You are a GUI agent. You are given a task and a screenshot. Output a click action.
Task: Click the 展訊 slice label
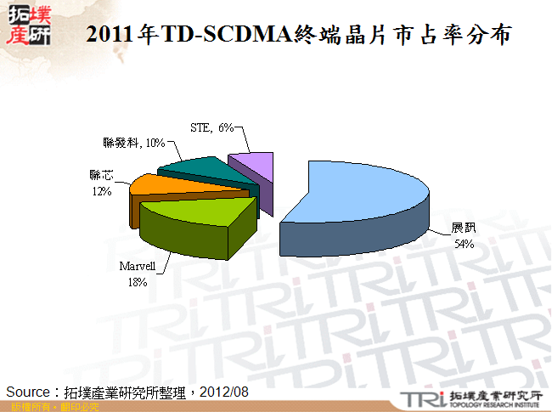tap(464, 229)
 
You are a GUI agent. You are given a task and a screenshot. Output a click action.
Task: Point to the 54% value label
tap(464, 244)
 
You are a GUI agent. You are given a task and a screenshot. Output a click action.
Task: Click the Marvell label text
tap(137, 267)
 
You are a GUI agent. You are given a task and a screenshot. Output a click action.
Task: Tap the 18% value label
tap(137, 282)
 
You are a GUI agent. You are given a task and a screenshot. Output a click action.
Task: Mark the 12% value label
tap(103, 191)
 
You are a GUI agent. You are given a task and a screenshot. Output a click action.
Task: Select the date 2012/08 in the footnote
tap(226, 392)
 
